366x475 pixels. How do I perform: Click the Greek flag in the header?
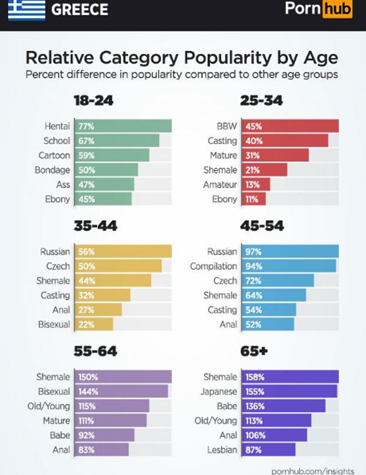27,10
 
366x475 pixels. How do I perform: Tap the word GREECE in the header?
79,10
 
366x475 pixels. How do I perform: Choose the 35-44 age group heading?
95,226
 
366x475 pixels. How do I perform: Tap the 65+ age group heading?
254,351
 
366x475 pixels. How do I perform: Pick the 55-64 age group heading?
95,351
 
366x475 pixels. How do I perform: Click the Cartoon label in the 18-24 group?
55,155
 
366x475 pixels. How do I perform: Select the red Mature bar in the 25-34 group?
275,155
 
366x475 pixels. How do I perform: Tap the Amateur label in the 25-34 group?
220,185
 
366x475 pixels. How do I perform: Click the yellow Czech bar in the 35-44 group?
117,266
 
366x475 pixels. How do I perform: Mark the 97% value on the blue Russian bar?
253,252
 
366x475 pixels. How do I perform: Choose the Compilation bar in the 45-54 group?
289,266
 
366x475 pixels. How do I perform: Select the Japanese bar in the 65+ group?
289,392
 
